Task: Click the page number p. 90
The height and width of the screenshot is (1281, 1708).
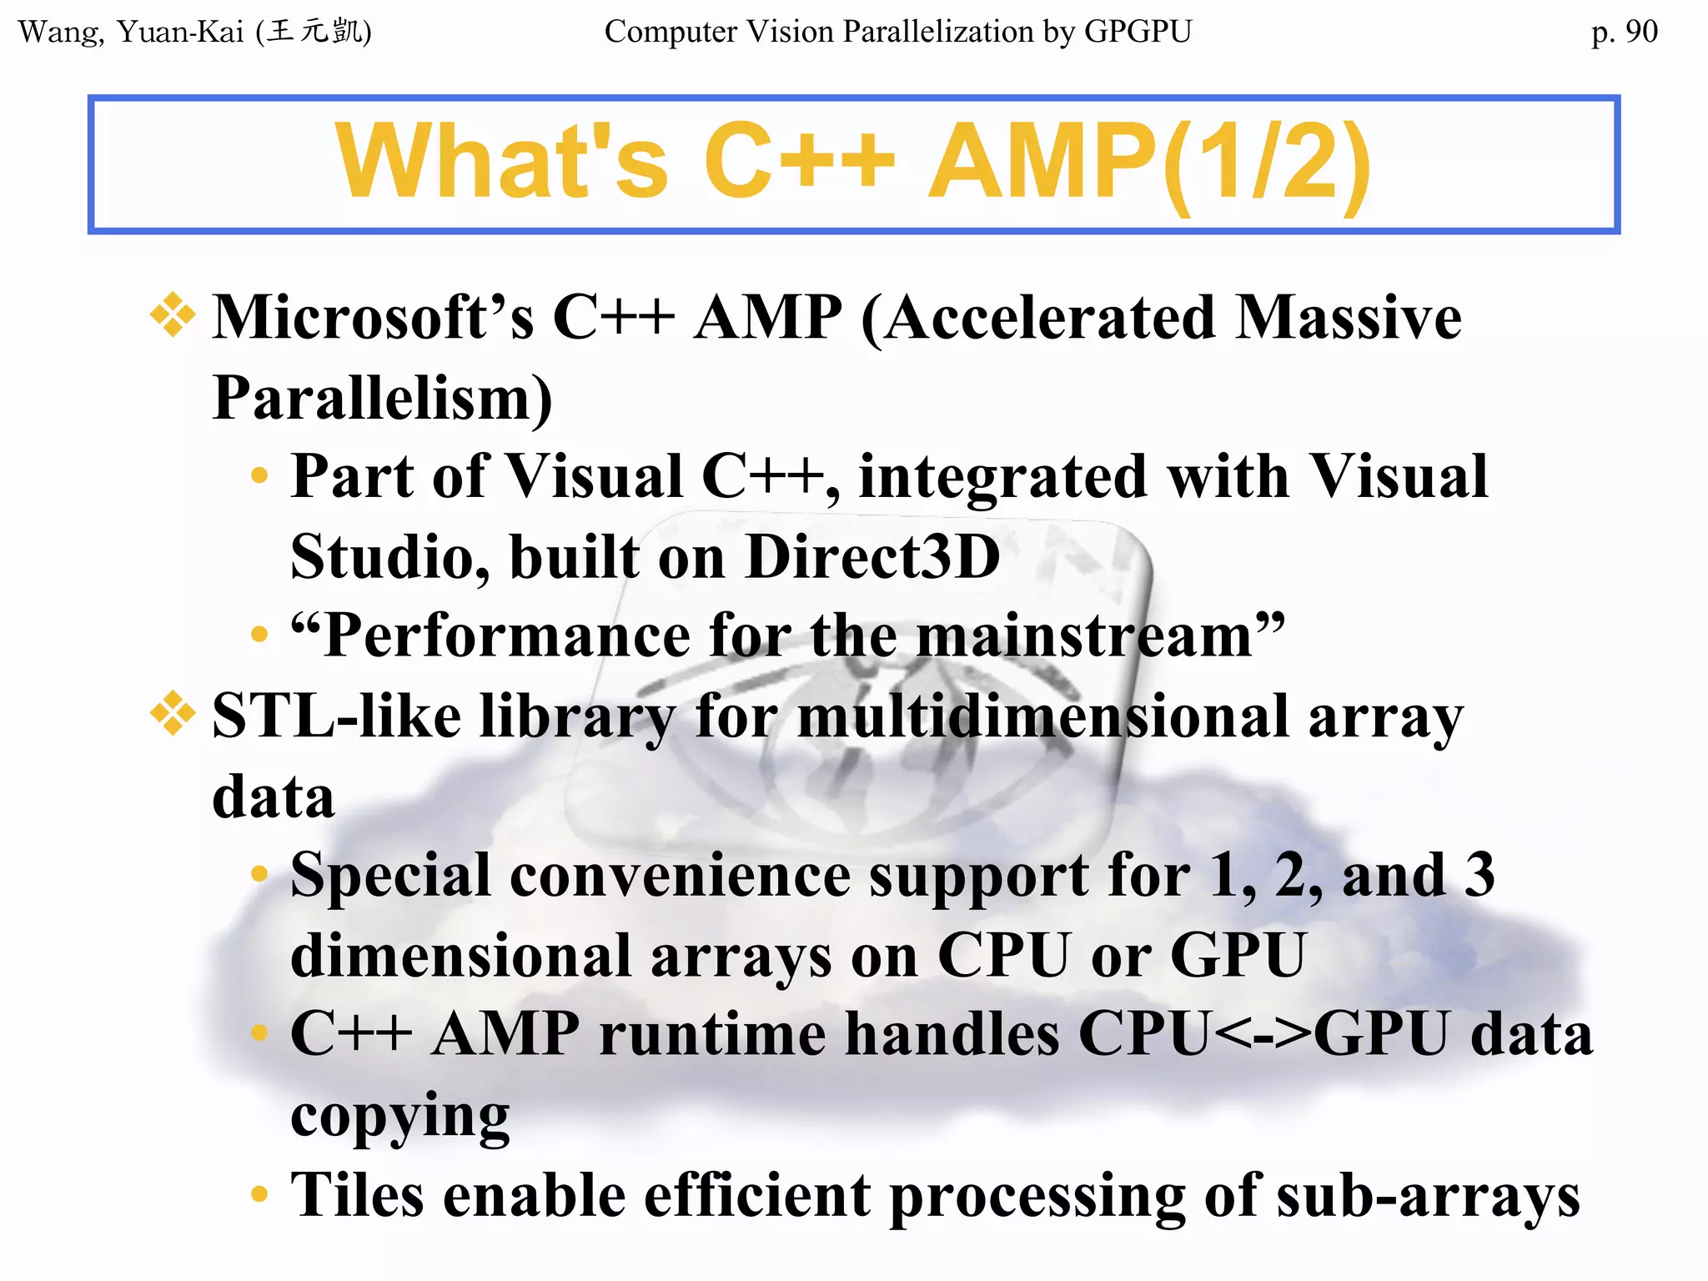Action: coord(1624,33)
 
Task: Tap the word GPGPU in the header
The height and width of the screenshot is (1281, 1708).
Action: coord(1138,32)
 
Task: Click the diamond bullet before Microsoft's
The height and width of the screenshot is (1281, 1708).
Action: coord(173,315)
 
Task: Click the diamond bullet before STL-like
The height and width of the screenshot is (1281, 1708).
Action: coord(173,714)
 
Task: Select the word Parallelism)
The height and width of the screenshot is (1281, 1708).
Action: coord(383,399)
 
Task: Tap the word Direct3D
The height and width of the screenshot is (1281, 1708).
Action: coord(872,557)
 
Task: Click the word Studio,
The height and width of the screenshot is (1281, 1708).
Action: coord(389,557)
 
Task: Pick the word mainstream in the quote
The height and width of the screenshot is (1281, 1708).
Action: coord(1084,636)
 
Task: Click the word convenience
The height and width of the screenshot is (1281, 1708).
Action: coord(679,876)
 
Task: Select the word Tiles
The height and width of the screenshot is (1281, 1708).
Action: coord(357,1195)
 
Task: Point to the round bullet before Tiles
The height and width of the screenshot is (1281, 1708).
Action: coord(259,1194)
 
